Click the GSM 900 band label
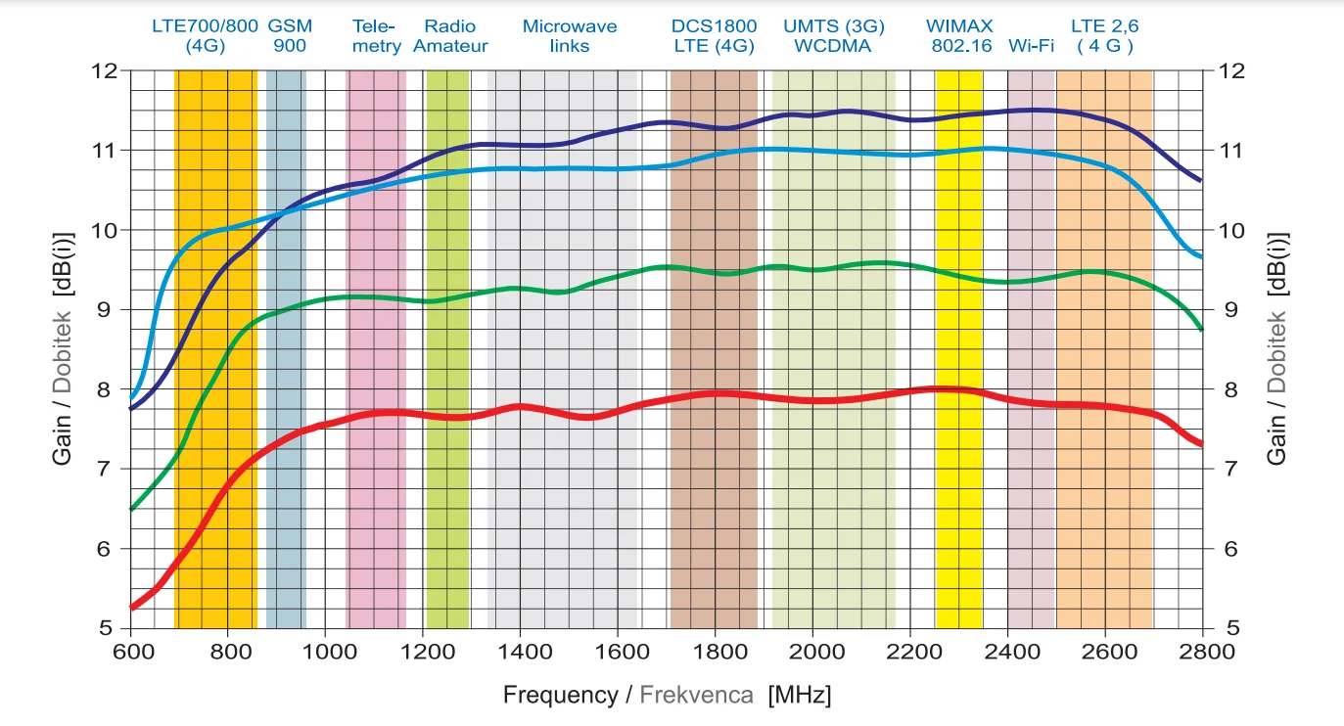pyautogui.click(x=289, y=36)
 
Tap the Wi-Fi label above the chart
pyautogui.click(x=1031, y=46)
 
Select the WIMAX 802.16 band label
pyautogui.click(x=958, y=36)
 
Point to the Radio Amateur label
pyautogui.click(x=450, y=36)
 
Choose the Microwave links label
pyautogui.click(x=570, y=36)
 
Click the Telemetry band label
pyautogui.click(x=376, y=36)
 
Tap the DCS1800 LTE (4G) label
pyautogui.click(x=714, y=36)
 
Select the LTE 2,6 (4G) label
pyautogui.click(x=1103, y=36)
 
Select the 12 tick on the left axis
pyautogui.click(x=105, y=70)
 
